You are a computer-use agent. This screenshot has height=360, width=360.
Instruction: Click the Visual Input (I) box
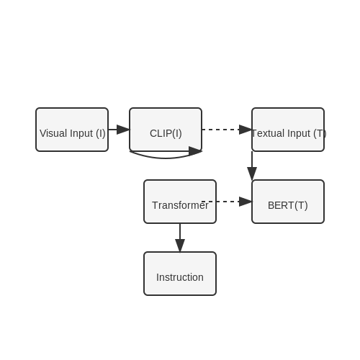pos(72,130)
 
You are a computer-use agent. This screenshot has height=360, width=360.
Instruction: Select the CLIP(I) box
pos(166,130)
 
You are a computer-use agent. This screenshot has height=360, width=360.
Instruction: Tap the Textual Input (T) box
pos(288,130)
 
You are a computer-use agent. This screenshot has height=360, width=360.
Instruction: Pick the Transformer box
pos(180,202)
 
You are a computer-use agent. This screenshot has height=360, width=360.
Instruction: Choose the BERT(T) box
pos(288,202)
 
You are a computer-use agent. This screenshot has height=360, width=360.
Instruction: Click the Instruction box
pos(180,274)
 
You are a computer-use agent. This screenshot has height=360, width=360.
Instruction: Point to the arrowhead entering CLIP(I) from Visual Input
pos(123,130)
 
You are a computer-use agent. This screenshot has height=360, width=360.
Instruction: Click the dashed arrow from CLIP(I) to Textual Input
pos(227,130)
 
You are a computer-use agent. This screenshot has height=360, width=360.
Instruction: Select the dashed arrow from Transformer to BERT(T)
pos(227,202)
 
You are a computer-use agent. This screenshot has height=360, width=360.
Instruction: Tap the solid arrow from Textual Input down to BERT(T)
pos(252,166)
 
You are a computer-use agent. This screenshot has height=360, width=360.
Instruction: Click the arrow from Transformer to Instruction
pos(180,238)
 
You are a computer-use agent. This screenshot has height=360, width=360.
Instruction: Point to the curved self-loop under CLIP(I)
pos(166,158)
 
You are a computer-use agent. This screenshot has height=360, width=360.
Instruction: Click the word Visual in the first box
pos(53,133)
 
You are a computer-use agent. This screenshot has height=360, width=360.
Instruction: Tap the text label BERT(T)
pos(288,205)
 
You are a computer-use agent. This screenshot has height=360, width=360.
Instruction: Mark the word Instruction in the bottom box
pos(180,277)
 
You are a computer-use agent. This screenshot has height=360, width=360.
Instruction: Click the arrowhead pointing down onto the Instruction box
pos(180,246)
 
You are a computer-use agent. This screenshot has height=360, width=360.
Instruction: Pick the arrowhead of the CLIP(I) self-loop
pos(195,151)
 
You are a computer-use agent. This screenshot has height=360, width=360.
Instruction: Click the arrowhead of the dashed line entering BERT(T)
pos(246,202)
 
